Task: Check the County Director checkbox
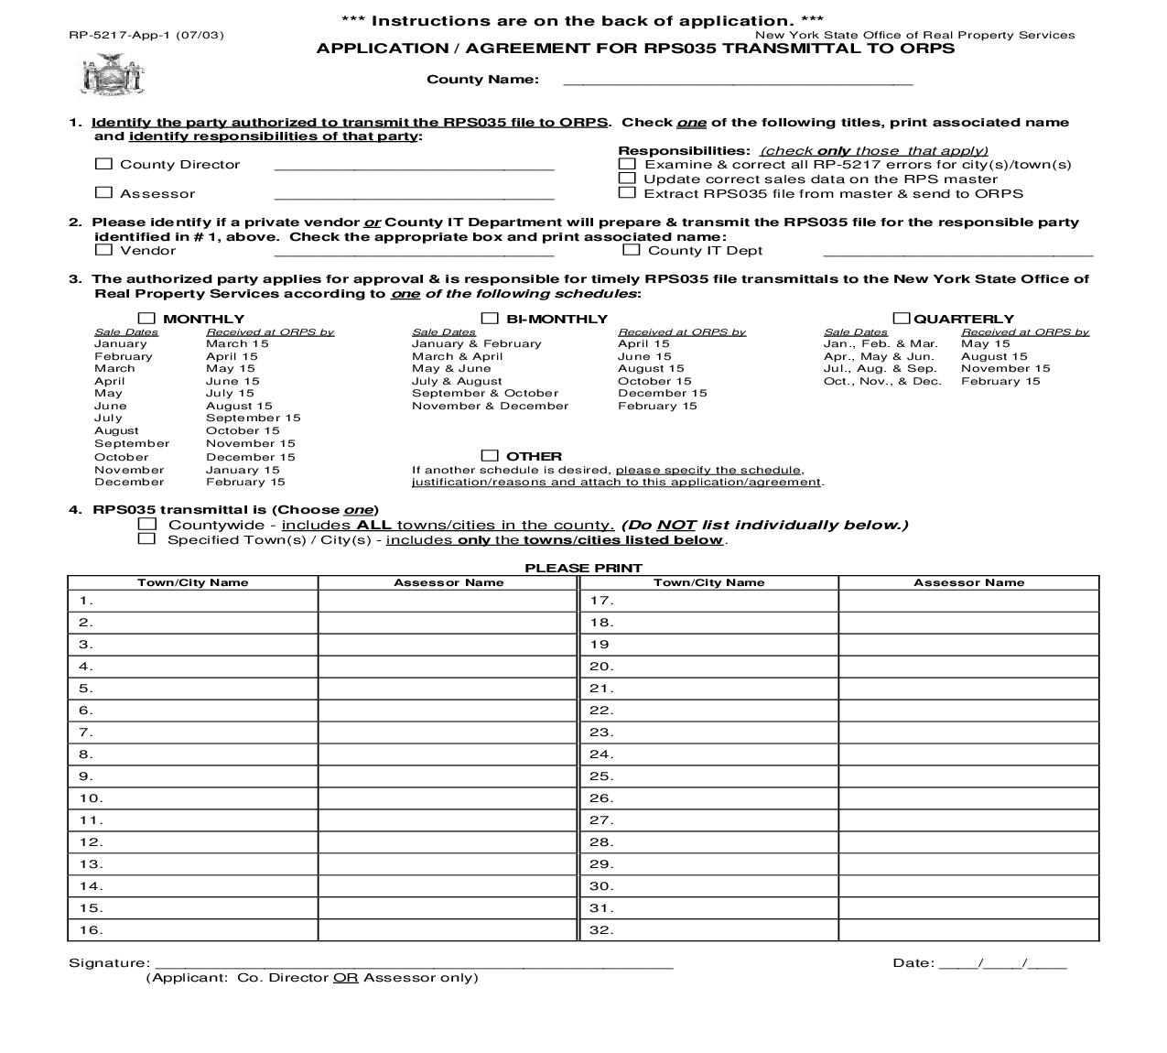click(x=103, y=164)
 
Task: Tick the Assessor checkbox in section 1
click(x=103, y=192)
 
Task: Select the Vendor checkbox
click(x=103, y=249)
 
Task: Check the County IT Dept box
click(x=631, y=249)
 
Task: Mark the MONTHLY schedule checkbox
click(x=146, y=319)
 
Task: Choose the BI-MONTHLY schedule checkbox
click(x=490, y=319)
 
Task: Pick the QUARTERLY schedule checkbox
click(x=902, y=319)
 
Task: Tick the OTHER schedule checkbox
click(x=490, y=455)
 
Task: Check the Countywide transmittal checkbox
click(x=146, y=524)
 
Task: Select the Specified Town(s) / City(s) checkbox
click(x=146, y=538)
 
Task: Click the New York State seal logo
click(x=113, y=74)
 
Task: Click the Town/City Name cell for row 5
click(x=193, y=689)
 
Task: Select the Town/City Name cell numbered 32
click(x=708, y=930)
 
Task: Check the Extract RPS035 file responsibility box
click(x=627, y=192)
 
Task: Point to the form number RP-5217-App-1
click(x=146, y=35)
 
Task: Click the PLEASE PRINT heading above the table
click(x=583, y=568)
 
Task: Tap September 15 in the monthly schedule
click(x=253, y=418)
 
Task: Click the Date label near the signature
click(x=913, y=962)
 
